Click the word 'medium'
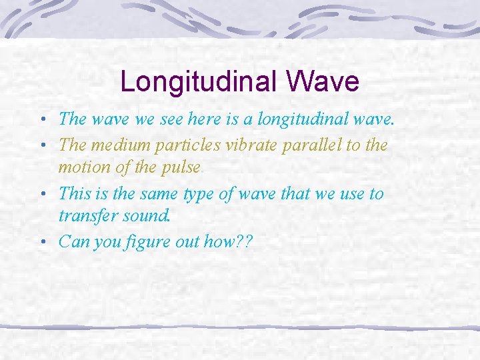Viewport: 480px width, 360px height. (x=117, y=145)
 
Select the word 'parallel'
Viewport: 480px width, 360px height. (x=301, y=145)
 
